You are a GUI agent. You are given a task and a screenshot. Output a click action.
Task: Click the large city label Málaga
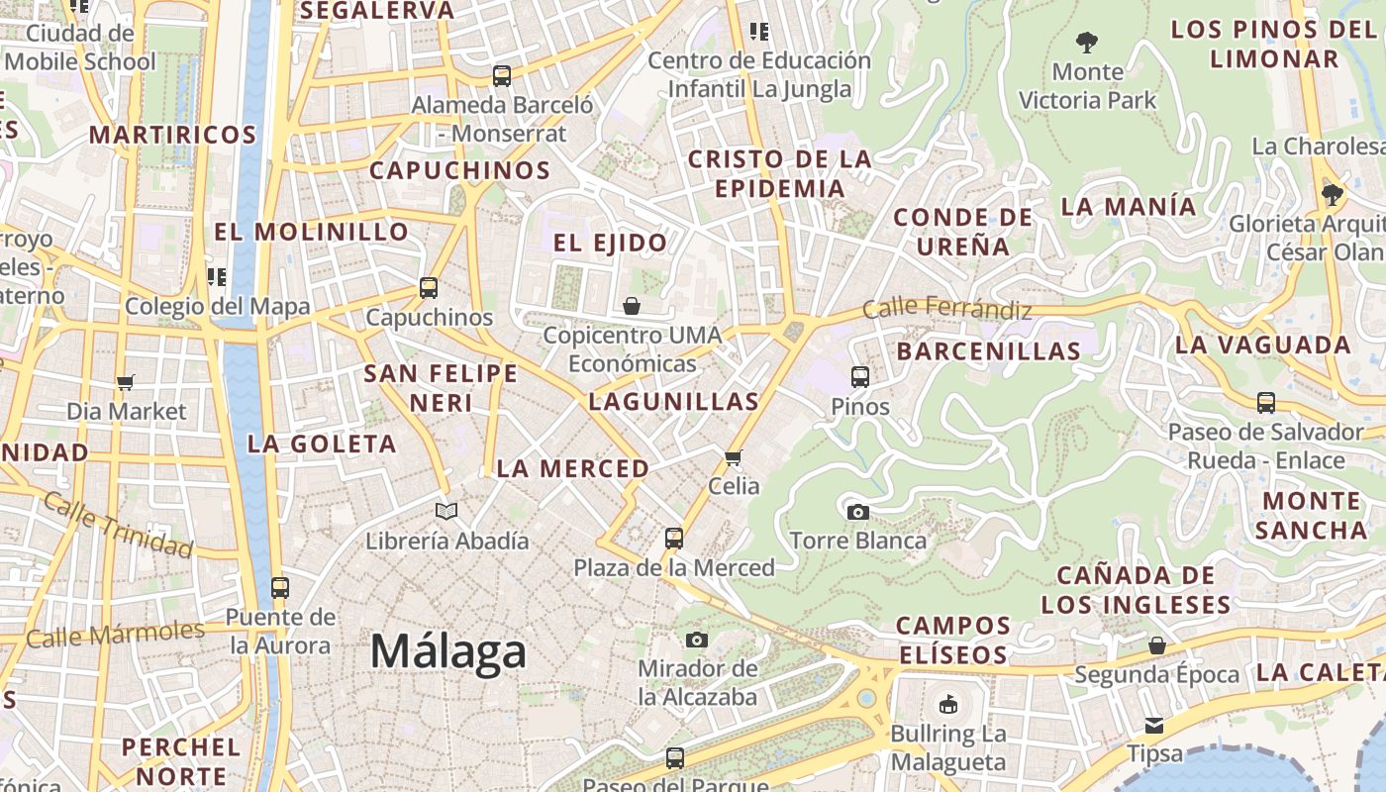pyautogui.click(x=448, y=652)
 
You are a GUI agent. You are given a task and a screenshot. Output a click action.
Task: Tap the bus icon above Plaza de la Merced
pyautogui.click(x=674, y=539)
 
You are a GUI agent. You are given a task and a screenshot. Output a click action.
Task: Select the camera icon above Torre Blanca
pyautogui.click(x=858, y=512)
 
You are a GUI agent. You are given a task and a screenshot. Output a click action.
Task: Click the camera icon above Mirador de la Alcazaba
pyautogui.click(x=697, y=640)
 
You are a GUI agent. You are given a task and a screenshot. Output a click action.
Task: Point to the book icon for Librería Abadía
pyautogui.click(x=446, y=511)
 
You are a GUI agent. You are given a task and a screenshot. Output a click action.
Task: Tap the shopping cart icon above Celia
pyautogui.click(x=734, y=457)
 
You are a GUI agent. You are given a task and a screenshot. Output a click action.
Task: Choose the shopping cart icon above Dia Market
pyautogui.click(x=126, y=382)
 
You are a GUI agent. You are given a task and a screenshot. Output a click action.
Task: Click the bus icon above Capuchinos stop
pyautogui.click(x=429, y=288)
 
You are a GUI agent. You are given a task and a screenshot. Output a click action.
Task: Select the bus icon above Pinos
pyautogui.click(x=860, y=376)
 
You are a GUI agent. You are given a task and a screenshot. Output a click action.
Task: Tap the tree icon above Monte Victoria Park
pyautogui.click(x=1087, y=43)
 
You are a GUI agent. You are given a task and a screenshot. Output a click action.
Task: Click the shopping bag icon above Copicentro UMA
pyautogui.click(x=632, y=306)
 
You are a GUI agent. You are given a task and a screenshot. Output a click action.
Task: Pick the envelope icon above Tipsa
pyautogui.click(x=1154, y=726)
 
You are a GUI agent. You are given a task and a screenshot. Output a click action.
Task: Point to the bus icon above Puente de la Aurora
pyautogui.click(x=280, y=588)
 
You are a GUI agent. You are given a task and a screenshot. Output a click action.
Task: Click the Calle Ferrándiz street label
pyautogui.click(x=946, y=308)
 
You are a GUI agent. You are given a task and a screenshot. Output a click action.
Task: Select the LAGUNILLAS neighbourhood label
pyautogui.click(x=673, y=401)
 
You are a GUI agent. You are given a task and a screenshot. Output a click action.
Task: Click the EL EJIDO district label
pyautogui.click(x=610, y=243)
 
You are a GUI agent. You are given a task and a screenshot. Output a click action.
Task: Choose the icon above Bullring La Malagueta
pyautogui.click(x=948, y=705)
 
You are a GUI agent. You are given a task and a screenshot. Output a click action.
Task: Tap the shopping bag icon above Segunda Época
pyautogui.click(x=1156, y=646)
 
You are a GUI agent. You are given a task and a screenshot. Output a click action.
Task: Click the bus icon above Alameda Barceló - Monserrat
pyautogui.click(x=502, y=75)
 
